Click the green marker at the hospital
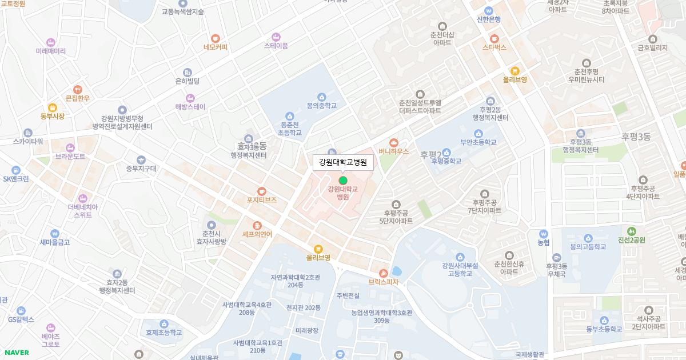click(x=343, y=181)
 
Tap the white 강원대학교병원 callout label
click(x=343, y=162)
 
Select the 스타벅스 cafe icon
click(x=494, y=38)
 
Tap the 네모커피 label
click(x=215, y=47)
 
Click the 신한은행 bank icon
click(x=488, y=10)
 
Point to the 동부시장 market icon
click(x=53, y=107)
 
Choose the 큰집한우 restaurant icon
click(x=78, y=89)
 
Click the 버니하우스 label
click(x=394, y=151)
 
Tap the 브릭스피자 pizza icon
click(x=383, y=273)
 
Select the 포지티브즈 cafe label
click(x=261, y=200)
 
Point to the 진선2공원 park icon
click(x=631, y=231)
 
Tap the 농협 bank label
click(x=543, y=242)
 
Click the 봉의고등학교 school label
click(x=588, y=247)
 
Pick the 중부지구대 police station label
click(x=141, y=168)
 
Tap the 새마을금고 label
click(x=54, y=242)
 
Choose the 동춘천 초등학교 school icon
click(x=289, y=116)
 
